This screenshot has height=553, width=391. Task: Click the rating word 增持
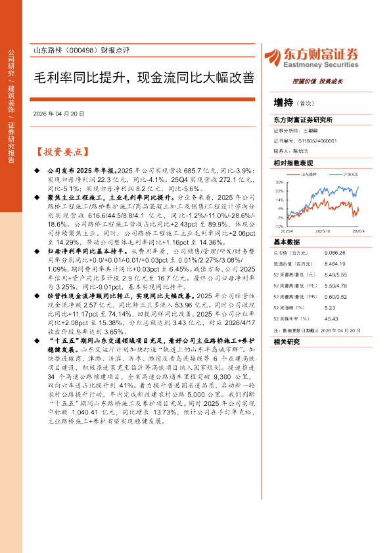[x=284, y=102]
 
